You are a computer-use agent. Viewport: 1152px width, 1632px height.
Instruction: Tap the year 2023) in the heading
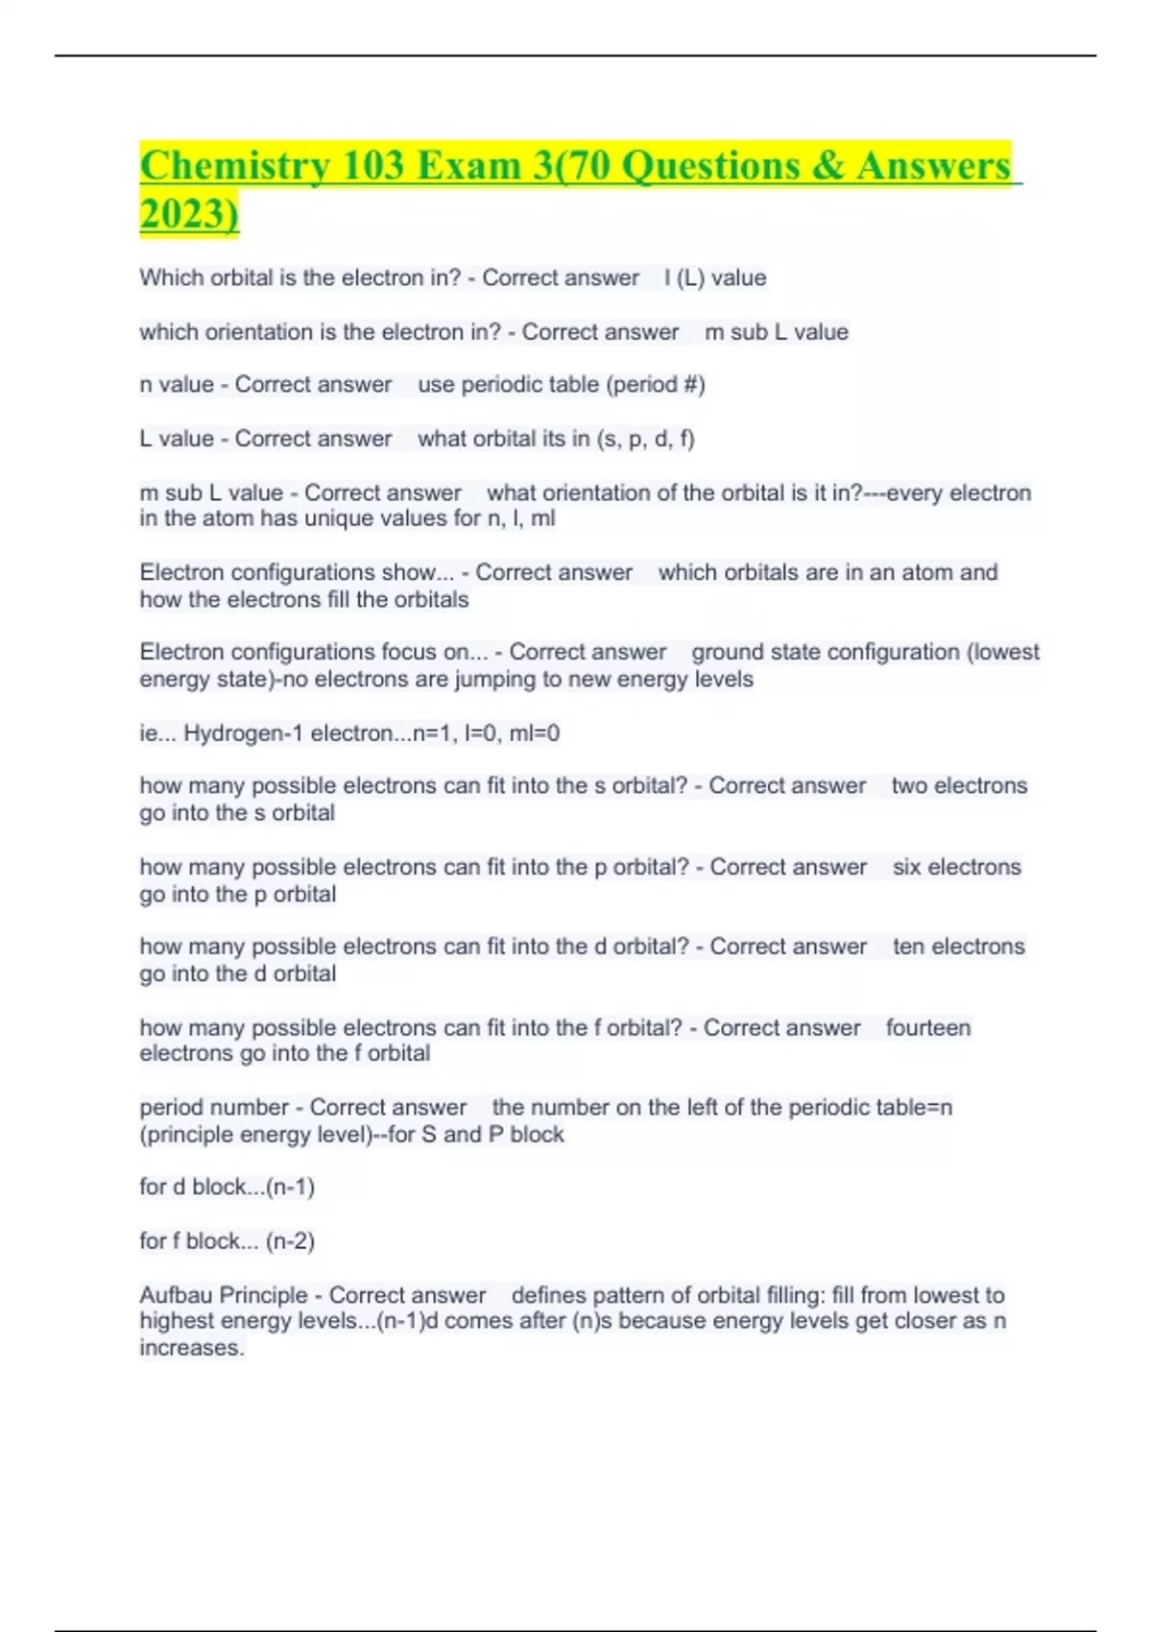pyautogui.click(x=188, y=213)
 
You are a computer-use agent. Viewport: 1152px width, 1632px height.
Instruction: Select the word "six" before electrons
pyautogui.click(x=909, y=867)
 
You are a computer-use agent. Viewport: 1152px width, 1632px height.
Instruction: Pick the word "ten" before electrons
pyautogui.click(x=909, y=947)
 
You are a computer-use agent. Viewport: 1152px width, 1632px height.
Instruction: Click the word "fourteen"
pyautogui.click(x=928, y=1028)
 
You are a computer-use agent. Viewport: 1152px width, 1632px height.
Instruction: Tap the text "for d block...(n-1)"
pyautogui.click(x=228, y=1188)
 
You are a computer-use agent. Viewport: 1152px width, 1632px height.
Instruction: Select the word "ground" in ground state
pyautogui.click(x=726, y=652)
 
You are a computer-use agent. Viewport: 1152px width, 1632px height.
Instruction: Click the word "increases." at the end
pyautogui.click(x=192, y=1348)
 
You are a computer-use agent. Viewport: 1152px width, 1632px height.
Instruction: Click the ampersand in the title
pyautogui.click(x=827, y=165)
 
